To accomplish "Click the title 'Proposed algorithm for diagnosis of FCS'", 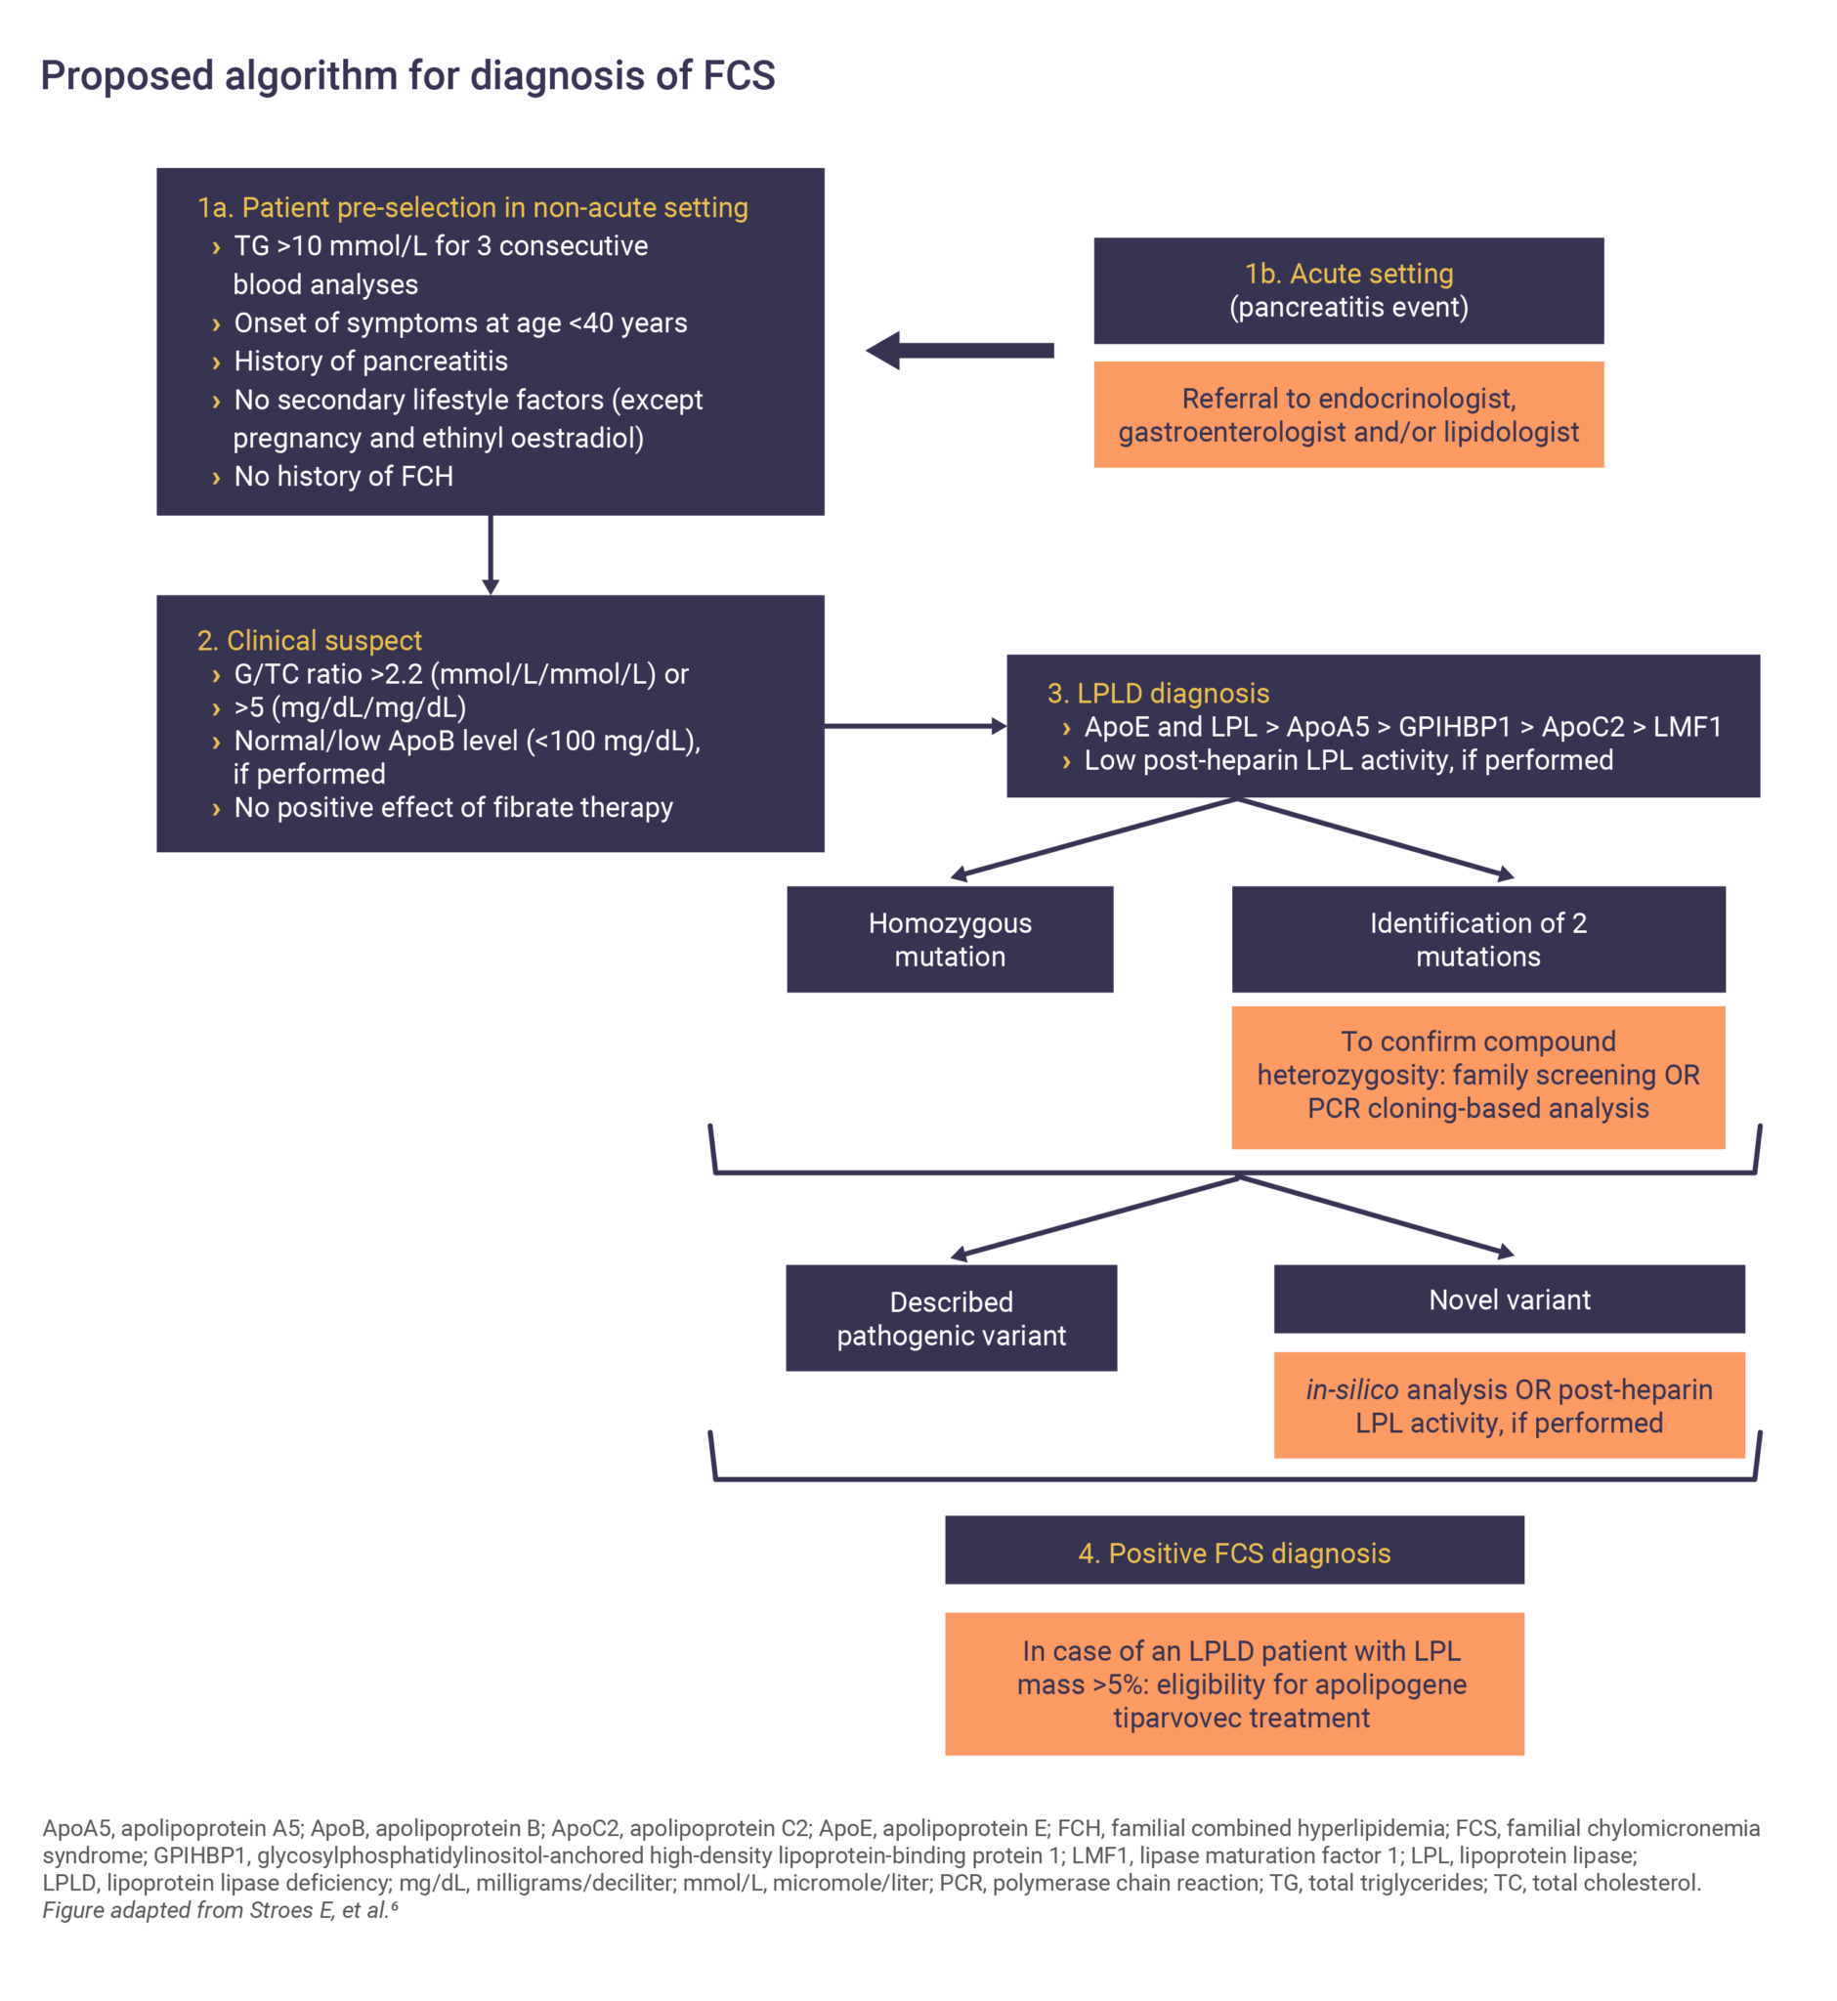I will (x=407, y=76).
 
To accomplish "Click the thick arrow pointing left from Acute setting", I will (x=960, y=350).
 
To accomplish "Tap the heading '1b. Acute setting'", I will (x=1347, y=274).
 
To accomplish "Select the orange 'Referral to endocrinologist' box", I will (x=1347, y=414).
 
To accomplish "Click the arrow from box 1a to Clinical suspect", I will (x=491, y=555).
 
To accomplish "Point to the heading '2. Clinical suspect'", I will (x=309, y=640).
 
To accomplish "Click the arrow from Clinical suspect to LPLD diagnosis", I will (x=915, y=727).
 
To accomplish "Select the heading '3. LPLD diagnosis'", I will (x=1158, y=693).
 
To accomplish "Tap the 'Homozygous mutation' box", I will (x=950, y=939).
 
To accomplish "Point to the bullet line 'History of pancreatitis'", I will (x=369, y=361).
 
